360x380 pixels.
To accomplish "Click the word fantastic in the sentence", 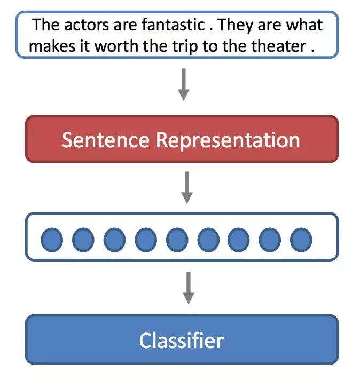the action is click(x=173, y=25).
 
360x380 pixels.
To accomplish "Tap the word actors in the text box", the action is click(x=87, y=25).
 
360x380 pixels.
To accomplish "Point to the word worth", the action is click(x=116, y=46).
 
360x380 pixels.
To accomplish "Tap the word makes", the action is click(x=52, y=46).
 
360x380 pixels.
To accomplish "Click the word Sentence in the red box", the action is click(x=106, y=140).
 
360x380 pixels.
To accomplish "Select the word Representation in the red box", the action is click(x=228, y=141).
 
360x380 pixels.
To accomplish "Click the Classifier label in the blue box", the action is click(x=182, y=340).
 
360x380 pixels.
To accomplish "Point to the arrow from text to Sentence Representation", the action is click(x=184, y=84).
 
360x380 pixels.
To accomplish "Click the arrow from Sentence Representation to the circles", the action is click(x=187, y=187).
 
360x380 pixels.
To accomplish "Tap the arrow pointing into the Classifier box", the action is click(x=189, y=288).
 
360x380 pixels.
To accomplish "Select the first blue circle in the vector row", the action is click(x=52, y=240).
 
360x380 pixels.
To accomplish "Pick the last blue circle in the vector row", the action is click(x=301, y=240).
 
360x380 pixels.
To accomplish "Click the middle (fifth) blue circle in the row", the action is click(x=177, y=240).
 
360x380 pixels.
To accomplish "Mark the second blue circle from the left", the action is click(x=83, y=240).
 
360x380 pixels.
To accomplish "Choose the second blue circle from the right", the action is click(x=270, y=240).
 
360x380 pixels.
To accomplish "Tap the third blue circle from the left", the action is click(x=114, y=240).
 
